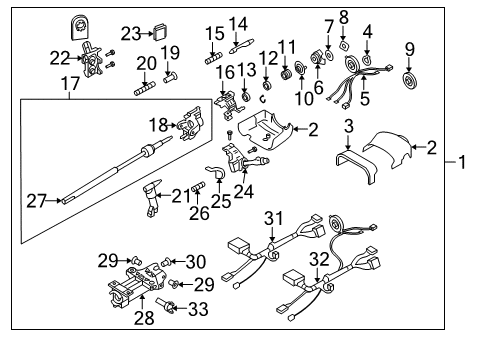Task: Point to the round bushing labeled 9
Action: pyautogui.click(x=409, y=79)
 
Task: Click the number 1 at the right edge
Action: pyautogui.click(x=463, y=160)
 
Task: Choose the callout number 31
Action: pyautogui.click(x=274, y=219)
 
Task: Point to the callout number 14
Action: pyautogui.click(x=238, y=23)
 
